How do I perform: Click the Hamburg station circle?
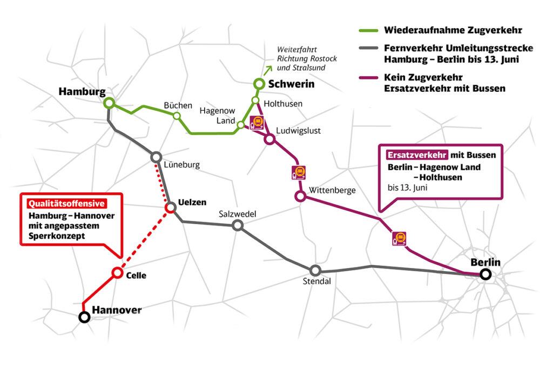pos(110,103)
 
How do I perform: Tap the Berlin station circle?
pos(485,274)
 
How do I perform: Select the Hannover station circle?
pos(84,317)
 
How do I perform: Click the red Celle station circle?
pos(117,273)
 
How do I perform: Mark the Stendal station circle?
pos(315,270)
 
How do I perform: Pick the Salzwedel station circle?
pos(238,225)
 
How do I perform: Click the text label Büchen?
pos(178,105)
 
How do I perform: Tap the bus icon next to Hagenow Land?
pos(257,123)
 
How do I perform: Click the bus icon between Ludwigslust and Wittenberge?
pos(298,172)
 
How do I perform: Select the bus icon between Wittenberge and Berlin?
pos(399,238)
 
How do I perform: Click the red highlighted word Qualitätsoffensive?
pos(66,204)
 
